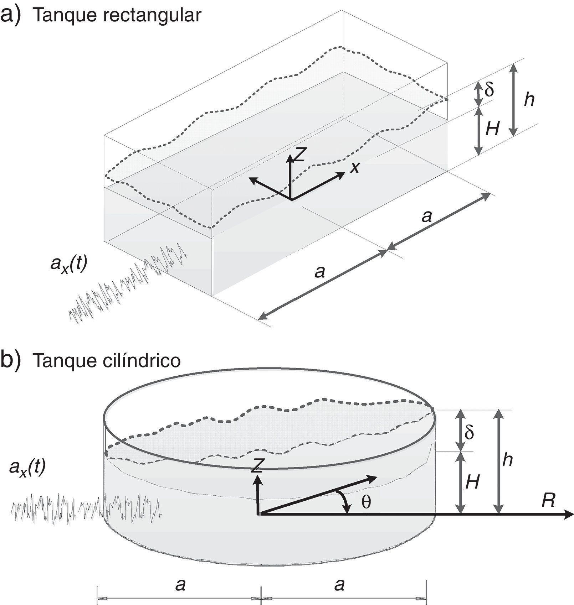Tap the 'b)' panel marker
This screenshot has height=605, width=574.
[11, 360]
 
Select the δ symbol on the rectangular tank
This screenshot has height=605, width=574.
[489, 90]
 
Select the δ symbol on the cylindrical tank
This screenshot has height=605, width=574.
[470, 432]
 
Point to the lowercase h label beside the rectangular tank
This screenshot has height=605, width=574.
[529, 100]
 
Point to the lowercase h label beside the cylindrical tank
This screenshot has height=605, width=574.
[507, 460]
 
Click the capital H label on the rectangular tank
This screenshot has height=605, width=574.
[492, 129]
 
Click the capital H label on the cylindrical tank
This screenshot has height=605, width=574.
[472, 483]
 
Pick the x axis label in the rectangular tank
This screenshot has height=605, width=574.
[354, 167]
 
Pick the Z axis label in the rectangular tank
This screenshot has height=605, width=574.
[300, 154]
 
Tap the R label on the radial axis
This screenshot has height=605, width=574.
[548, 501]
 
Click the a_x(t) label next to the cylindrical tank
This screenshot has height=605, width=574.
[27, 468]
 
